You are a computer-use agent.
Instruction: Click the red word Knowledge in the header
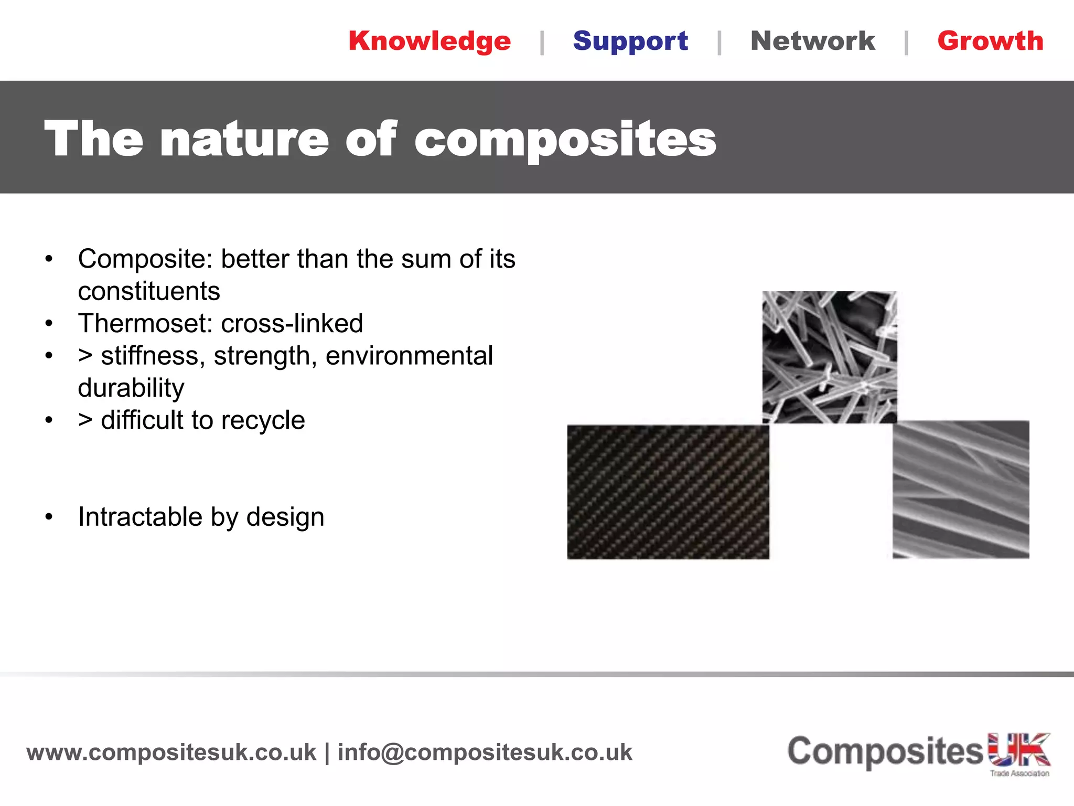pos(429,41)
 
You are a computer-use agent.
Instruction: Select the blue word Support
pos(630,41)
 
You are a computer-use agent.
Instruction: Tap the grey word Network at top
pos(812,41)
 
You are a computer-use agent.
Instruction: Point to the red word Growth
pos(990,41)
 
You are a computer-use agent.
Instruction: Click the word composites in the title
pos(565,140)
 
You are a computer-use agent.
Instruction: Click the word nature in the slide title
pos(245,139)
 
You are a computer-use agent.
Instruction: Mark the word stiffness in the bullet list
pos(150,356)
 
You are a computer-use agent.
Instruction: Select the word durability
pos(131,388)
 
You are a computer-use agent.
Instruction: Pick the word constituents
pos(149,291)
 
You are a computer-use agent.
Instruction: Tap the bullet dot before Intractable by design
pos(49,517)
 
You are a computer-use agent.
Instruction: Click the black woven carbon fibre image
pos(668,492)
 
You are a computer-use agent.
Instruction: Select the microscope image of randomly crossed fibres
pos(830,357)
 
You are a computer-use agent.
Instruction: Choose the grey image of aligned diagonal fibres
pos(961,489)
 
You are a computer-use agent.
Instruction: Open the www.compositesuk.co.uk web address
pos(171,752)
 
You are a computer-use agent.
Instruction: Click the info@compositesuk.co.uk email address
pos(485,752)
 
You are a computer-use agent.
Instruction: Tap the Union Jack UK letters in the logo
pos(1019,750)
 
